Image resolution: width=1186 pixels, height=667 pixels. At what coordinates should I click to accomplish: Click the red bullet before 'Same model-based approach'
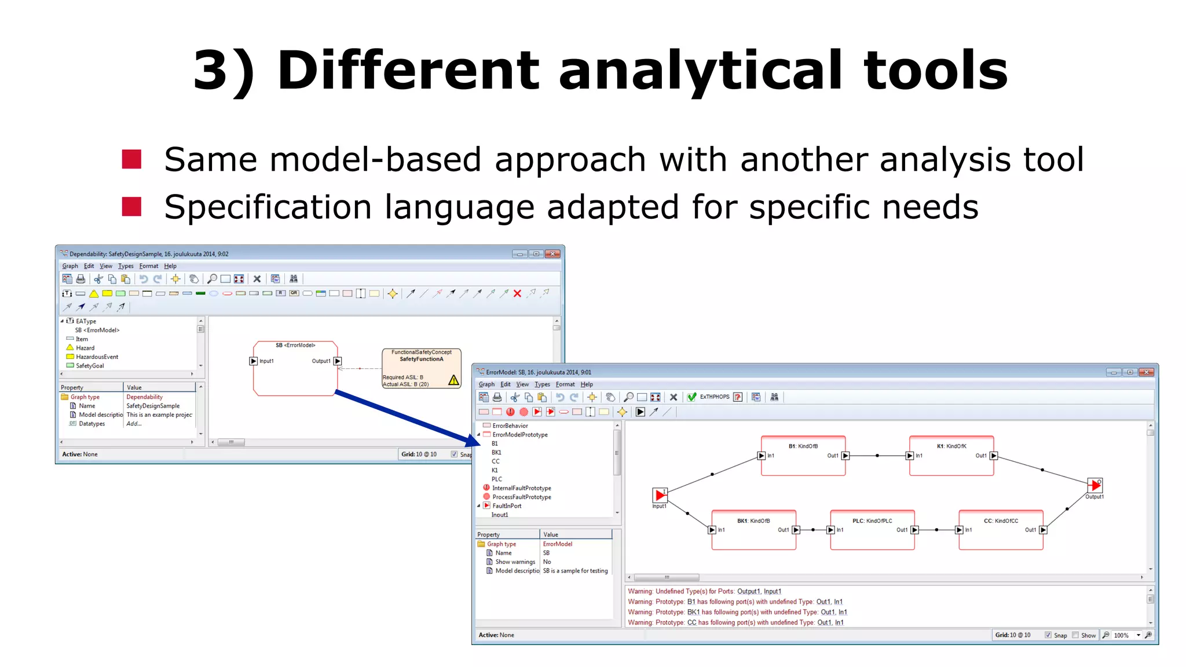click(x=132, y=159)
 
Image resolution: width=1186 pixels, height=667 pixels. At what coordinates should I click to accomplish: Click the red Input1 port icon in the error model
click(x=660, y=495)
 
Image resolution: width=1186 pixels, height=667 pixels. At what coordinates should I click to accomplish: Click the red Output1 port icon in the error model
click(x=1094, y=485)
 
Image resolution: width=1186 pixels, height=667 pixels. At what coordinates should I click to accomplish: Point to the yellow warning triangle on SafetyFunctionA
click(x=453, y=380)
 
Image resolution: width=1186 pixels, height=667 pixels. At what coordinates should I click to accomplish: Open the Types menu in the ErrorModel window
click(x=542, y=384)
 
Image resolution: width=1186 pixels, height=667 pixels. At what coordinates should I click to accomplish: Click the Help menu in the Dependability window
click(x=170, y=266)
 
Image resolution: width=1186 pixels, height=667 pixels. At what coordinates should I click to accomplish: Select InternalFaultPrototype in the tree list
click(x=521, y=488)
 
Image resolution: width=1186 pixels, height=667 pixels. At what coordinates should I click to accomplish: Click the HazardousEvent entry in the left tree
click(x=97, y=357)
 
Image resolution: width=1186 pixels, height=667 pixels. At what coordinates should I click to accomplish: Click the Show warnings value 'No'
click(x=547, y=562)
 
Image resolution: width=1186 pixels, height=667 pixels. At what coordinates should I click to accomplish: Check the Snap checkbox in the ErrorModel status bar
click(x=1048, y=635)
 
